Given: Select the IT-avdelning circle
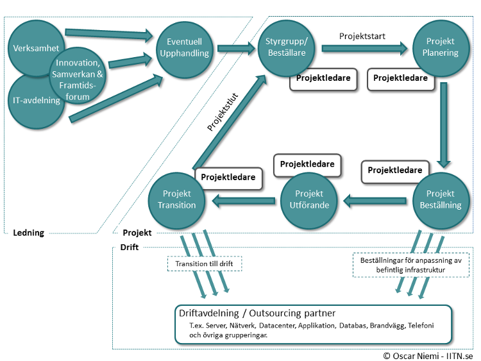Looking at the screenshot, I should pos(35,103).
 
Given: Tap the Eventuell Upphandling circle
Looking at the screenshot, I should pos(184,47).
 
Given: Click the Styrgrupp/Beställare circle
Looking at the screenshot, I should pos(287,47).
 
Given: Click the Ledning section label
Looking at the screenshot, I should pos(28,233).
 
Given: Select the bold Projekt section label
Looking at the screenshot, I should pos(136,233).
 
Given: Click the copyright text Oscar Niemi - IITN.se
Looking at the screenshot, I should pos(430,355).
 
